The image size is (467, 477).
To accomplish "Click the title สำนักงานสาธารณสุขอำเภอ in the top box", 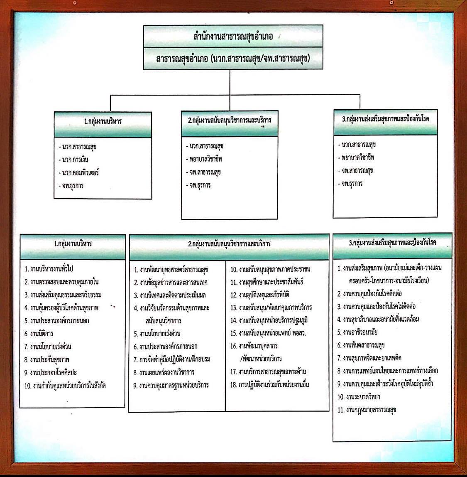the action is point(233,36).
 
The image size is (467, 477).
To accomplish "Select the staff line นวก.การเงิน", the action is point(73,160).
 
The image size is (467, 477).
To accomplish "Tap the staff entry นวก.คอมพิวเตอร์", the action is point(79,173).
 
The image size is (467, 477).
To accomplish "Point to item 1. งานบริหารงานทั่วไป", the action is point(49,268).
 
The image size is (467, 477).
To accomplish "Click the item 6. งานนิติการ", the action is point(39,334).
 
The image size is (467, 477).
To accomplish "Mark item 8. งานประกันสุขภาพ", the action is point(47,359).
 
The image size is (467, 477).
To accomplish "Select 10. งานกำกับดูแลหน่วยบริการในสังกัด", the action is point(65,386).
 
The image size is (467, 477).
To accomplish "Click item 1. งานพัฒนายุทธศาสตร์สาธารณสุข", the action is point(171,270).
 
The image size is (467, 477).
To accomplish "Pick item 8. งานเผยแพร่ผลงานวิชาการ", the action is point(164,372).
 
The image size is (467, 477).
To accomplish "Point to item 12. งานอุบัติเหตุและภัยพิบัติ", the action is point(260,295).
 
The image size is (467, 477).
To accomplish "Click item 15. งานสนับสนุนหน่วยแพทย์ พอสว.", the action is point(268,333).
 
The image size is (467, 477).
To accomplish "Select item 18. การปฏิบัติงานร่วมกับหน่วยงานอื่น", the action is point(269,384).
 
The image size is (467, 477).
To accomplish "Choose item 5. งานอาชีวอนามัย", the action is point(357,332).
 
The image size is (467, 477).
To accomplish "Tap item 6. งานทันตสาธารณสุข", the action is point(361,345).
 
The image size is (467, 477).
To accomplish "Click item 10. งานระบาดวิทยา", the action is point(359,397).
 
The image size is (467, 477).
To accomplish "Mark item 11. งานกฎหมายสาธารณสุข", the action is point(367,410).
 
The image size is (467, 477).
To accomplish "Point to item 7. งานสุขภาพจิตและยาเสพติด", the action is point(369,358).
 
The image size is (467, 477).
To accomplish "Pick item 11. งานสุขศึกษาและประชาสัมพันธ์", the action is point(267,282).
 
